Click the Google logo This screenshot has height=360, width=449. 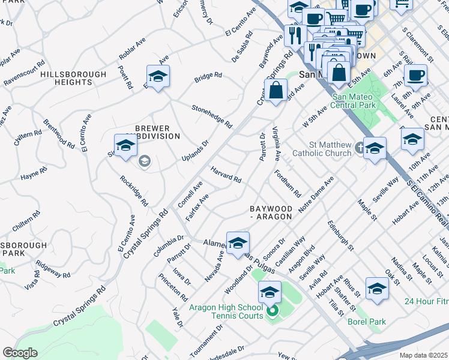[x=20, y=353]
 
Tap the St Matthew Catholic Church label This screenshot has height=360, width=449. [x=321, y=149]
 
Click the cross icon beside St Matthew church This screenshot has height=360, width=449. [x=358, y=146]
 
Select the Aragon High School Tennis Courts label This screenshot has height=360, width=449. [x=226, y=311]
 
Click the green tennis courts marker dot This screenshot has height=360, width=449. [x=272, y=311]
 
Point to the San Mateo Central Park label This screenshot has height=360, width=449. [x=361, y=101]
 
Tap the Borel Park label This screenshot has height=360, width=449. [x=366, y=322]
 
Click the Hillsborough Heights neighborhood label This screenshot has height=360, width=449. [x=73, y=79]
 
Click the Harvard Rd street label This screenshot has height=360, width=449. [x=226, y=176]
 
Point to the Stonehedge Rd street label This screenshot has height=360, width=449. [x=212, y=116]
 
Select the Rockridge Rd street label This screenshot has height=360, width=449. [x=133, y=191]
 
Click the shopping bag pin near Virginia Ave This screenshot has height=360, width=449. [x=276, y=91]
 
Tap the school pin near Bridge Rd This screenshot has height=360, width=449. [x=158, y=77]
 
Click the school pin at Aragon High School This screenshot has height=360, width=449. [x=270, y=292]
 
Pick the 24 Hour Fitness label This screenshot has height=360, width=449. [x=426, y=301]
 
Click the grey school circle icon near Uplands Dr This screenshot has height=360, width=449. [x=144, y=161]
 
